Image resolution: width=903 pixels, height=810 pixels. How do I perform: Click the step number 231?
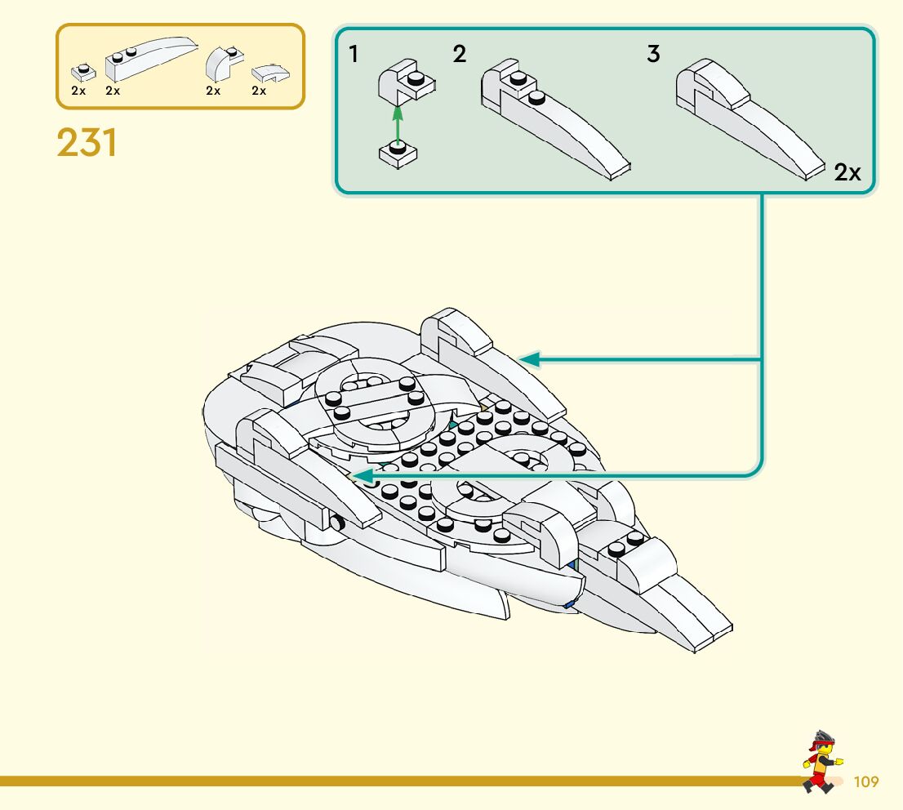(x=87, y=142)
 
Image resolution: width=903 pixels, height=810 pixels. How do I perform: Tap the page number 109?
(x=865, y=781)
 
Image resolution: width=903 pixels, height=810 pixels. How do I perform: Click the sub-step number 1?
(x=353, y=54)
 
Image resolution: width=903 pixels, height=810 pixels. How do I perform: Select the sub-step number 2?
(x=459, y=54)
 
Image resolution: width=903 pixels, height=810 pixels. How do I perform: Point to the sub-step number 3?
(x=652, y=54)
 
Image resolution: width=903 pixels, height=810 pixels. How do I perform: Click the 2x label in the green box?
(x=847, y=172)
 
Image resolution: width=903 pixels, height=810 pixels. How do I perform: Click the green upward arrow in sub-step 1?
(x=397, y=124)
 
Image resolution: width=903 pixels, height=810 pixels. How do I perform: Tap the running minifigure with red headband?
(x=822, y=762)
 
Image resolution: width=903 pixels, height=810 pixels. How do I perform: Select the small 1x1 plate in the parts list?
(x=83, y=72)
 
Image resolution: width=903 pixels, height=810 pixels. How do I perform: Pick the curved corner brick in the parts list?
(x=225, y=64)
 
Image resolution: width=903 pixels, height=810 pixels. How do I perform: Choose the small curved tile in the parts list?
(x=270, y=73)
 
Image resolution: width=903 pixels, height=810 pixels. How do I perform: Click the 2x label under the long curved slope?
(x=113, y=91)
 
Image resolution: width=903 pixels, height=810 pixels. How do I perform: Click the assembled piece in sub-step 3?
(x=751, y=119)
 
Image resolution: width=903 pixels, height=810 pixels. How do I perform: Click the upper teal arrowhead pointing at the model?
(x=529, y=359)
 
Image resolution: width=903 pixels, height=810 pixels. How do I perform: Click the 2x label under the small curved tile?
(x=259, y=91)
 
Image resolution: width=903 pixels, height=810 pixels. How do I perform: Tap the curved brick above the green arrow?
(x=407, y=81)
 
